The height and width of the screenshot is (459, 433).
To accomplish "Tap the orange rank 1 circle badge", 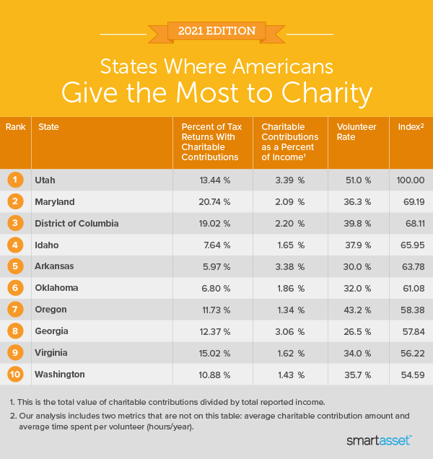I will point(15,180).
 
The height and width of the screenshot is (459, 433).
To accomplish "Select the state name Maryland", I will point(54,201).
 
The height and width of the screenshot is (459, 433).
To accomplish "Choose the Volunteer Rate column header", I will point(357,127).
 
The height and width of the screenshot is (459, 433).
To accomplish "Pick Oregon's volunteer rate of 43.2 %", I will point(357,310).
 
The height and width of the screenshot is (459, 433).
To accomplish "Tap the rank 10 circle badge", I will point(15,375).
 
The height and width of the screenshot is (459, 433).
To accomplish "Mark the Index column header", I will point(411,127).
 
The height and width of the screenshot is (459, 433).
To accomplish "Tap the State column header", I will point(48,127).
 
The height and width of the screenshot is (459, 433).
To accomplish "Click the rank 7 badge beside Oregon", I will point(15,310).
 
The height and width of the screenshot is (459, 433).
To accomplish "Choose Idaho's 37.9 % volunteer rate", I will point(357,245).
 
